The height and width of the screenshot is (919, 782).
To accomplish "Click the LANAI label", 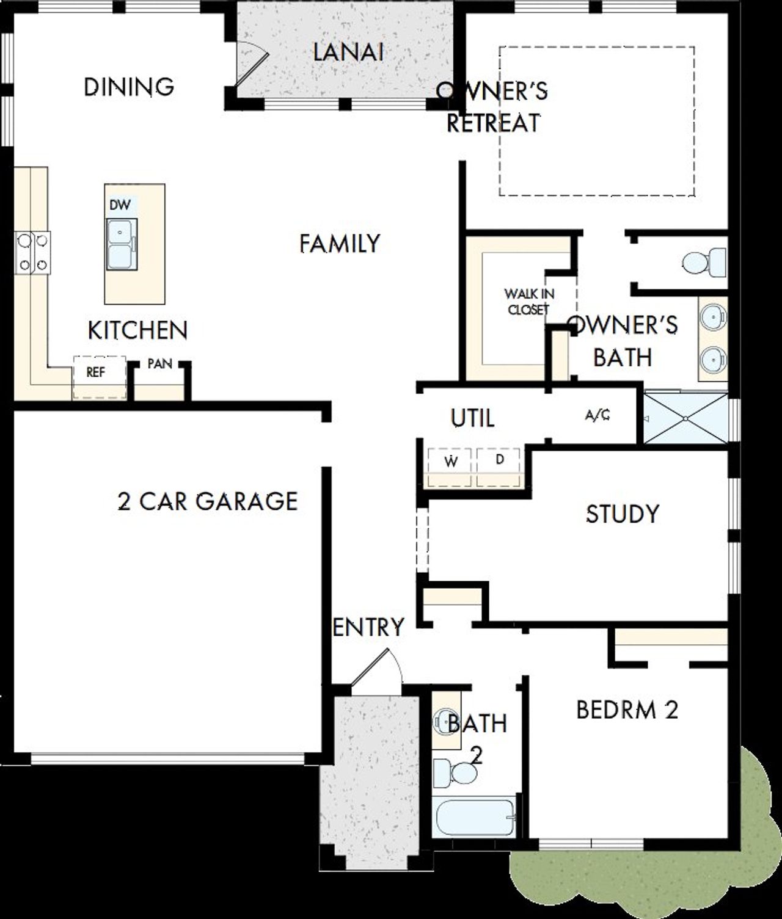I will coord(348,52).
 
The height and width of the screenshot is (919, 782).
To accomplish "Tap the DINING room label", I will coord(129,87).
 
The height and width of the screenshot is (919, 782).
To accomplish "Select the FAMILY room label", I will coord(340,244).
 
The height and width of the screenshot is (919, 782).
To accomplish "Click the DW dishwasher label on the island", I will coord(120,205).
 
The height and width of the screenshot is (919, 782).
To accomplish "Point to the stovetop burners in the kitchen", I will coord(33,253).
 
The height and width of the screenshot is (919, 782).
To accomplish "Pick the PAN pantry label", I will coord(159,364).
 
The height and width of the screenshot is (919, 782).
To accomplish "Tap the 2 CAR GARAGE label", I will coord(207,501).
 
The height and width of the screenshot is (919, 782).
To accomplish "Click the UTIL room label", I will coord(472,419).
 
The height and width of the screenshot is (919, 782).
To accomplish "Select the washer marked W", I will coord(451,462).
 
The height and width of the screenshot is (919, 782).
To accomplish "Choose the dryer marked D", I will coord(499,460).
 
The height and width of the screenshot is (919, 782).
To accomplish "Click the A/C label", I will coord(597,416).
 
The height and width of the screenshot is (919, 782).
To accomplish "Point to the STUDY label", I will coord(623,514).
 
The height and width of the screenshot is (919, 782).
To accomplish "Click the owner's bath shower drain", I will coord(686,418).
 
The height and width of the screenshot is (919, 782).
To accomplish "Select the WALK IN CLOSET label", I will coord(529,302).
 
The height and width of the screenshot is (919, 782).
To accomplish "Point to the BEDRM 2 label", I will coord(627,710).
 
